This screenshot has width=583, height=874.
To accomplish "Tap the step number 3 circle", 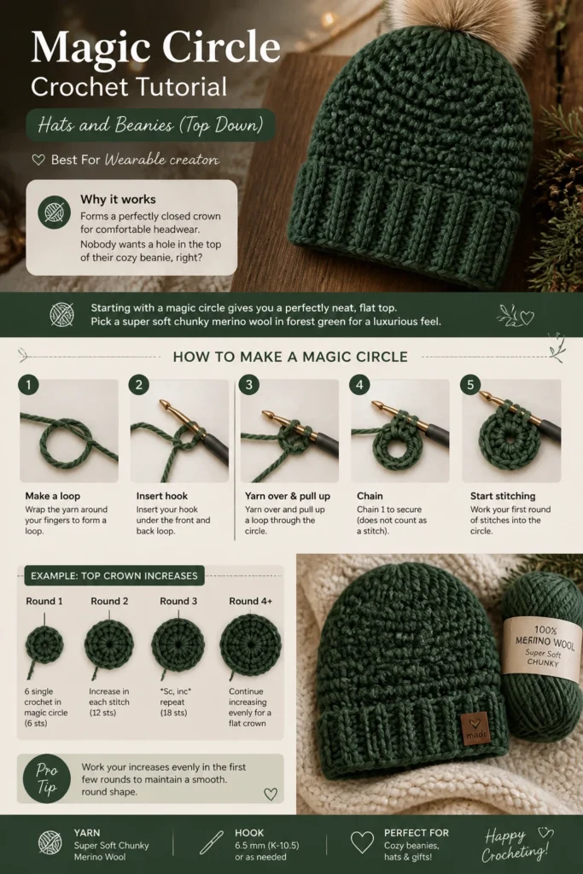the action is point(249,385).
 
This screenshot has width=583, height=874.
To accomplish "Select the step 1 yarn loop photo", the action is point(69,431).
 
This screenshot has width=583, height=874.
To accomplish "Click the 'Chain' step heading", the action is point(370,496).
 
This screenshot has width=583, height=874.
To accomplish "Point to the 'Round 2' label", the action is point(109,601).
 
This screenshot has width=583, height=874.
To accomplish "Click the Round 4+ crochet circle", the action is point(250,645).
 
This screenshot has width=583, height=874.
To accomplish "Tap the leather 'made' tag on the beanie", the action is point(475,727).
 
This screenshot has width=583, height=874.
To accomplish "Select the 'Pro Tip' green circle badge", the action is point(47,778).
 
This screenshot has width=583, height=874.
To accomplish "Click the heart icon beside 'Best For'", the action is point(38,160).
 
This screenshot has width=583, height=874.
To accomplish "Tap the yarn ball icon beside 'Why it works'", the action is point(54,213).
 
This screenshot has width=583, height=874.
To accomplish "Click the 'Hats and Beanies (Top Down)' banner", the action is point(150,125).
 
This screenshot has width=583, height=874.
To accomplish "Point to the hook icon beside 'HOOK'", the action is point(211,842).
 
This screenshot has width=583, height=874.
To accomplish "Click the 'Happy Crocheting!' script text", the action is point(516,844).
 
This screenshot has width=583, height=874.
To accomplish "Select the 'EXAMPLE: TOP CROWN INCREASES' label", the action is point(114,576).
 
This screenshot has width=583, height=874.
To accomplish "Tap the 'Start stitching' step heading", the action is point(503,496).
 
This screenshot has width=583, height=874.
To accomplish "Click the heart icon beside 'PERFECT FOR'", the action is point(362,842).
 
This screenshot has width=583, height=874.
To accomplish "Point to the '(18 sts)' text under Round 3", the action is point(174,713).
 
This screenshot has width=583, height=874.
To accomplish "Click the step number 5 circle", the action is point(470,385).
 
